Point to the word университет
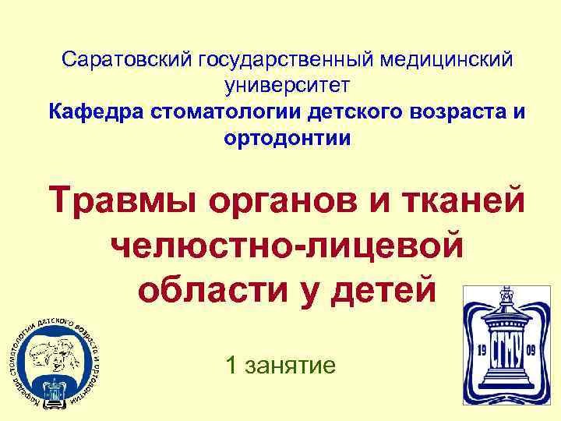288,84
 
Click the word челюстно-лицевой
288,245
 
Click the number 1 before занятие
231,363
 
